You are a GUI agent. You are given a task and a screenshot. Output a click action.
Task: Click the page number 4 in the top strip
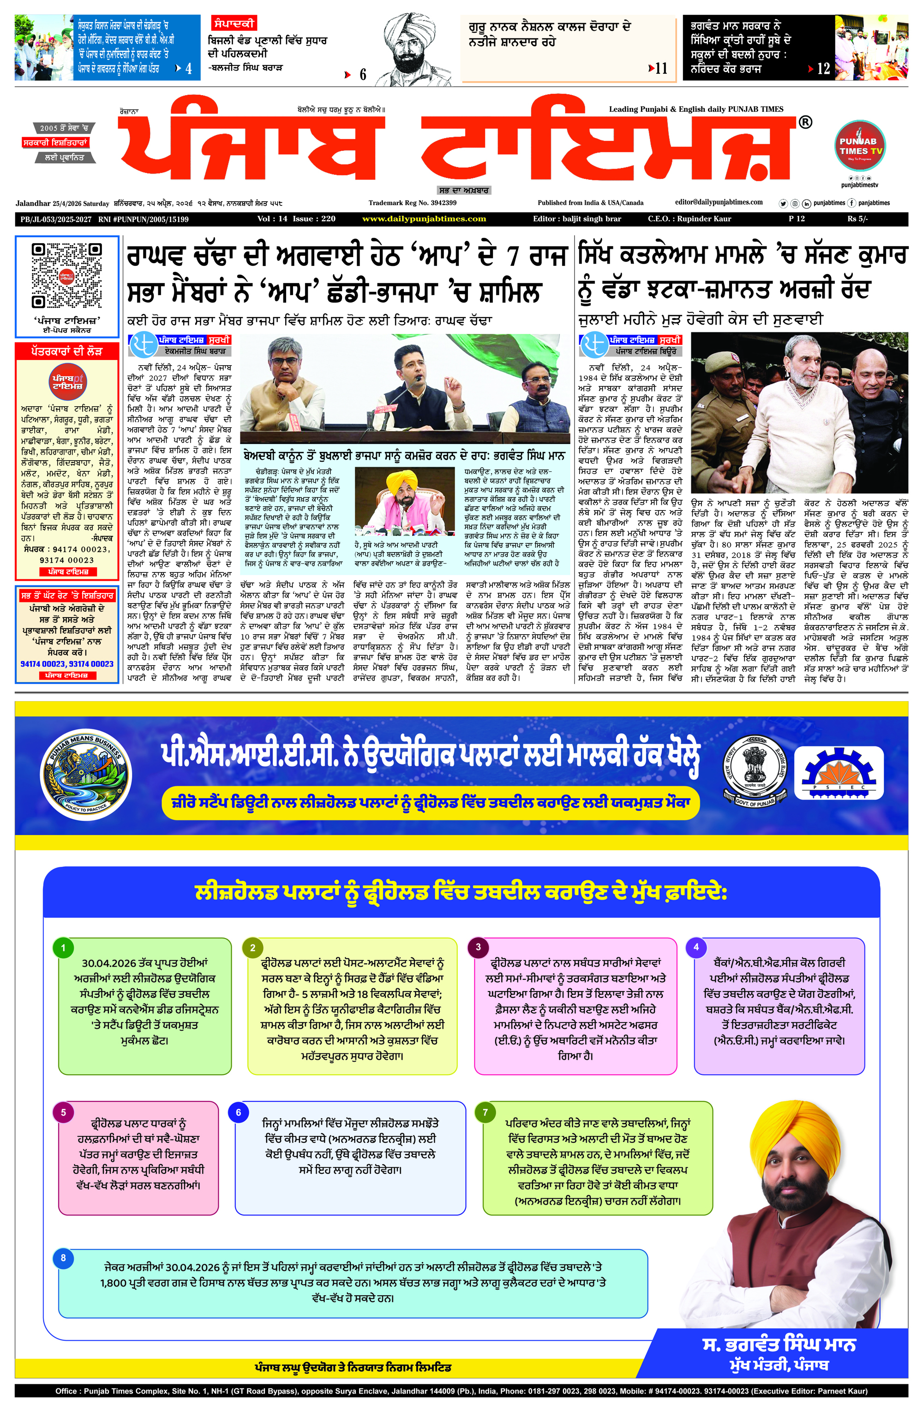click(189, 69)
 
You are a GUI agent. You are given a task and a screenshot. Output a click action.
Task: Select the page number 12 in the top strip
click(823, 69)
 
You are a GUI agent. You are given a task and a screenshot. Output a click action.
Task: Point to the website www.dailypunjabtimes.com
click(424, 219)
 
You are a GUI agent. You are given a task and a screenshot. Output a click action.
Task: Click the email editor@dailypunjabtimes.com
click(719, 202)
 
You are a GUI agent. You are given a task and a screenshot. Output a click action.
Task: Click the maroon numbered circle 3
click(478, 948)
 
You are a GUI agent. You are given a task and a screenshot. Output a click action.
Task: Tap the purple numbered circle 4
click(696, 948)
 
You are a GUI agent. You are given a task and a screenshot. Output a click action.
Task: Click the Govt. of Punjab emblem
click(755, 771)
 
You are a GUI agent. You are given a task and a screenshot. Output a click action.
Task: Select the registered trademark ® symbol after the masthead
click(805, 122)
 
